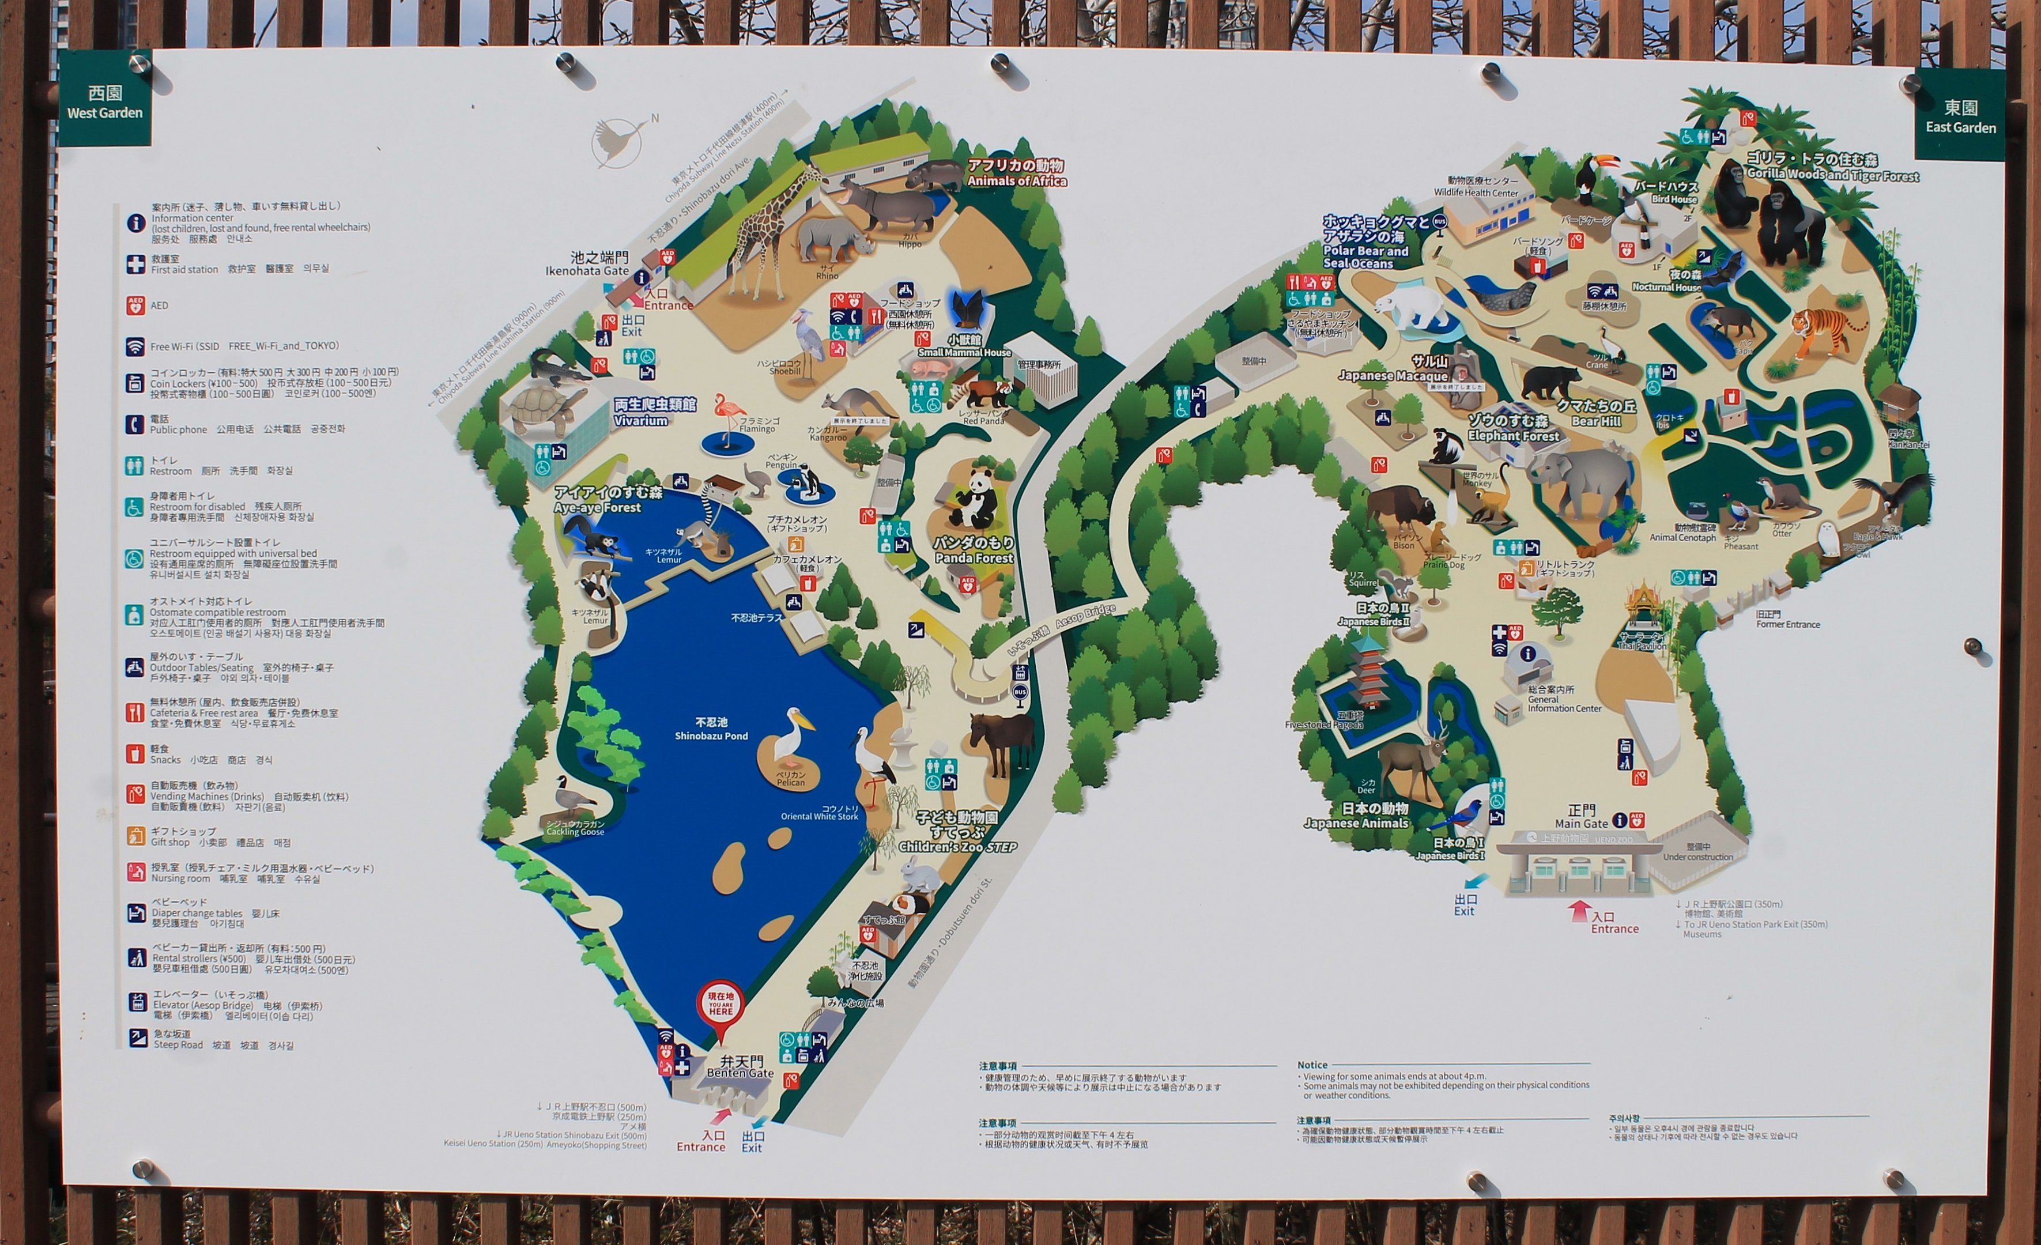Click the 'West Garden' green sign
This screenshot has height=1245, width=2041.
(x=104, y=103)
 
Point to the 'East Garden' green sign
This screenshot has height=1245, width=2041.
(x=1960, y=117)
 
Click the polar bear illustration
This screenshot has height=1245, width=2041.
(x=1415, y=307)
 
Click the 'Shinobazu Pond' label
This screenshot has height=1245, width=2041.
(x=711, y=730)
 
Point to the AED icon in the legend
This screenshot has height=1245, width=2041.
(x=135, y=305)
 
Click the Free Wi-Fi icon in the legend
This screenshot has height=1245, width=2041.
(x=135, y=346)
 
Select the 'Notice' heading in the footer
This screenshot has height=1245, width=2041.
(x=1312, y=1065)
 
